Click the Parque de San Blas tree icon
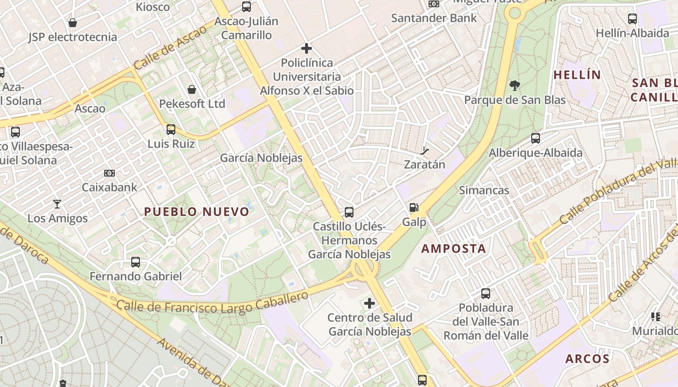515,86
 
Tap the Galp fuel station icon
414,208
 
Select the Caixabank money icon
109,173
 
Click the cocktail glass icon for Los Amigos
57,204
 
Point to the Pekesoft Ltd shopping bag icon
192,89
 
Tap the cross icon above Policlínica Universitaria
306,48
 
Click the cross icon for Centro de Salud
370,303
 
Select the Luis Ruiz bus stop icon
170,129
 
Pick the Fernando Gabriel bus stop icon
136,262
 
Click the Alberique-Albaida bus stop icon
535,138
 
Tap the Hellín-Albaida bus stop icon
632,19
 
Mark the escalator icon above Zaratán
425,150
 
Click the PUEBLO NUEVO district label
197,211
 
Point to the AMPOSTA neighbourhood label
453,249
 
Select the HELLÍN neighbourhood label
577,75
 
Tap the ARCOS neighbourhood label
587,359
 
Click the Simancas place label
484,190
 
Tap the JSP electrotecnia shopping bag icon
73,22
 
